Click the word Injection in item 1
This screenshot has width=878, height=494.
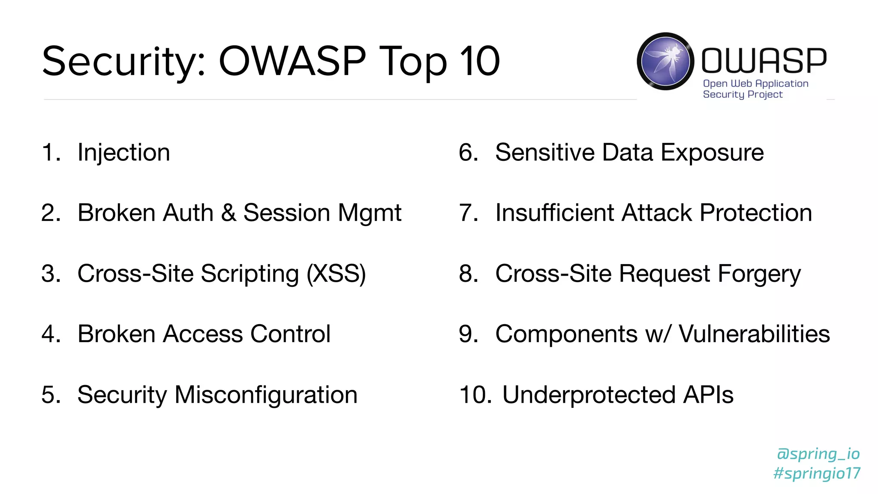123,153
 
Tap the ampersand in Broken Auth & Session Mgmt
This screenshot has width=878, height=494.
229,213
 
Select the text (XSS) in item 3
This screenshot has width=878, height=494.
336,274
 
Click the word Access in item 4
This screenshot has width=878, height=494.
202,334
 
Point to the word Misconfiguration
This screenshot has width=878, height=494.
266,395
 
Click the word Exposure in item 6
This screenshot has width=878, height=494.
712,153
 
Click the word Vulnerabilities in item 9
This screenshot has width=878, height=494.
754,334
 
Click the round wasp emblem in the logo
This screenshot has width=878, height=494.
665,61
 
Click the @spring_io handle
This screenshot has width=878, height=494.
818,454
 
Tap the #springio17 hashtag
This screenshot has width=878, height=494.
817,473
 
